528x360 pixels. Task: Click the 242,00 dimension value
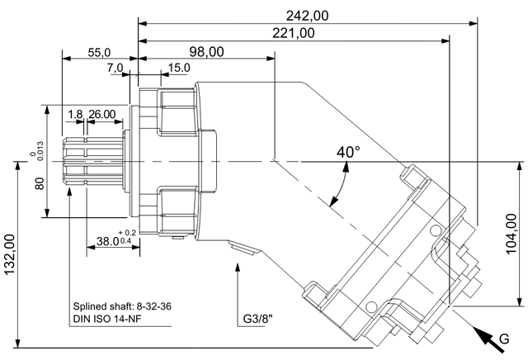307,16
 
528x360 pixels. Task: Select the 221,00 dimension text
294,33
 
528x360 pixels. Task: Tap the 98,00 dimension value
206,51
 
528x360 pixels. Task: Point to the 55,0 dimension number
99,52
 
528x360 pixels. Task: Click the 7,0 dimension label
115,68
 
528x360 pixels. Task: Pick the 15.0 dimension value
179,68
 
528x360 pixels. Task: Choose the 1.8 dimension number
75,114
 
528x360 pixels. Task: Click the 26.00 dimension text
101,114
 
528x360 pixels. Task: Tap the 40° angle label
348,152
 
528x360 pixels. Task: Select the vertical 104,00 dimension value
511,234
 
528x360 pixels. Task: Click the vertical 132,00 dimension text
9,254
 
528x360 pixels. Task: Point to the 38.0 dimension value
108,241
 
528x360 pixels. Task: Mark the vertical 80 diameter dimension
40,183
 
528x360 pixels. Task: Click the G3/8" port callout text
257,318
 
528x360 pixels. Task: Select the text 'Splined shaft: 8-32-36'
122,306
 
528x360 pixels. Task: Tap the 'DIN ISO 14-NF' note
106,318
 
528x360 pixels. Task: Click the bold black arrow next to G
488,339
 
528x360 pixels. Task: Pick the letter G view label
504,339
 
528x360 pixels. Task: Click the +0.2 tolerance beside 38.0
127,233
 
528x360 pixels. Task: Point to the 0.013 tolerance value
40,150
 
